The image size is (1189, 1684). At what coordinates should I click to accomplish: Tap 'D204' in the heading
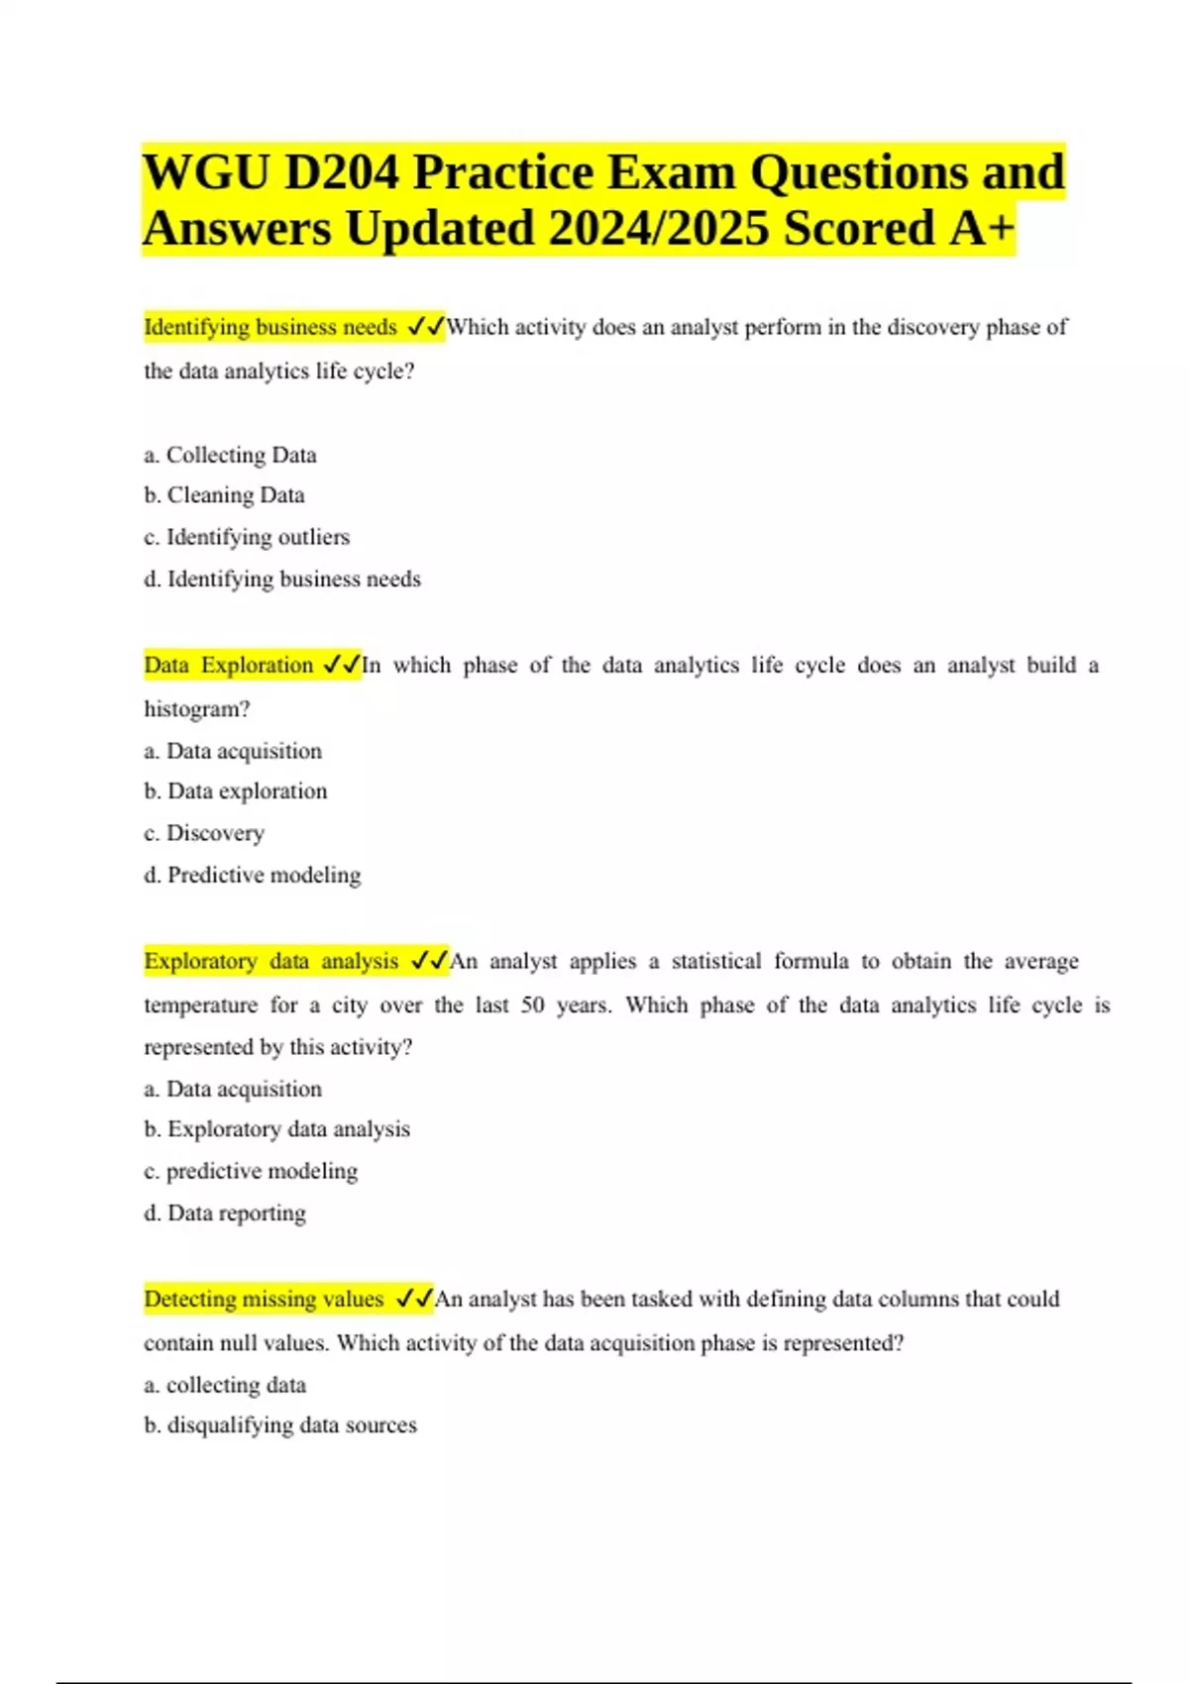pos(341,172)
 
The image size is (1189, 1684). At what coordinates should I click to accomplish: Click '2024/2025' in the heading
pos(658,228)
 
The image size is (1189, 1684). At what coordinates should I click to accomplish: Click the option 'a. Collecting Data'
pos(230,455)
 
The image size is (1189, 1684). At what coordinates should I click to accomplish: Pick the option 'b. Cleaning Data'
pos(224,495)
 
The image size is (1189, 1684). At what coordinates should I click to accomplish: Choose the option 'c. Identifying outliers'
pos(247,537)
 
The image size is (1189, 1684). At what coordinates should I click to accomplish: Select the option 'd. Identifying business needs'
pos(282,579)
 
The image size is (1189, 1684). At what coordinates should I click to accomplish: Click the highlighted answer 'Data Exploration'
pos(229,665)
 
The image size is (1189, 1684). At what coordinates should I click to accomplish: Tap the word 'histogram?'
pos(197,709)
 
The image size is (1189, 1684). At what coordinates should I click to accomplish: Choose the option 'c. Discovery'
pos(204,833)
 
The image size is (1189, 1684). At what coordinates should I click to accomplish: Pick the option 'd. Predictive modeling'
pos(253,875)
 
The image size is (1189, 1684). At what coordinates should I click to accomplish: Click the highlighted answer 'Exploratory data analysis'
pos(271,961)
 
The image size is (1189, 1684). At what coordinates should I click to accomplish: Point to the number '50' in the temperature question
pos(533,1004)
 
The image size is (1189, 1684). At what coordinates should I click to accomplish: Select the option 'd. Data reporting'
pos(225,1212)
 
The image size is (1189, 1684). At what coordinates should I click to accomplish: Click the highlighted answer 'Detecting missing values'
pos(264,1299)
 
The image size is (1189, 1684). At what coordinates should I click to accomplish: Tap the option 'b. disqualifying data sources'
pos(280,1424)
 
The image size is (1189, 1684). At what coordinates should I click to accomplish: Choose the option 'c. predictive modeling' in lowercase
pos(251,1171)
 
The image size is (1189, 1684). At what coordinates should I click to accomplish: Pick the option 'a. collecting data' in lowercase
pos(225,1385)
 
